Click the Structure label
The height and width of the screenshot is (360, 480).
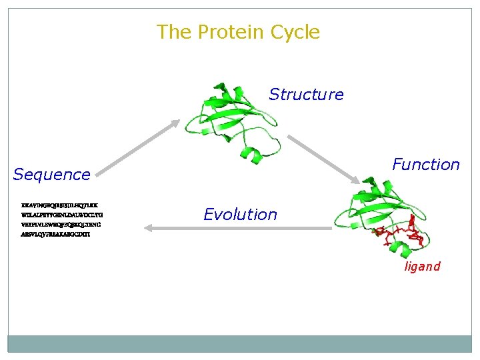click(306, 95)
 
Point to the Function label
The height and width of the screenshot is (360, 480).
click(425, 165)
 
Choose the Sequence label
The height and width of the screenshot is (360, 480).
click(52, 175)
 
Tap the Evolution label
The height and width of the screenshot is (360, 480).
click(240, 215)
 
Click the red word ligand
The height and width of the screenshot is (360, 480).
click(422, 267)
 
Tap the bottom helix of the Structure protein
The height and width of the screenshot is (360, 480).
click(253, 156)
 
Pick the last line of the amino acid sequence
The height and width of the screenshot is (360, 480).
click(56, 235)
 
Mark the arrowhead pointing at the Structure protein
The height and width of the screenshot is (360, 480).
click(175, 123)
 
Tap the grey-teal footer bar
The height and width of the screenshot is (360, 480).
click(239, 343)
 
